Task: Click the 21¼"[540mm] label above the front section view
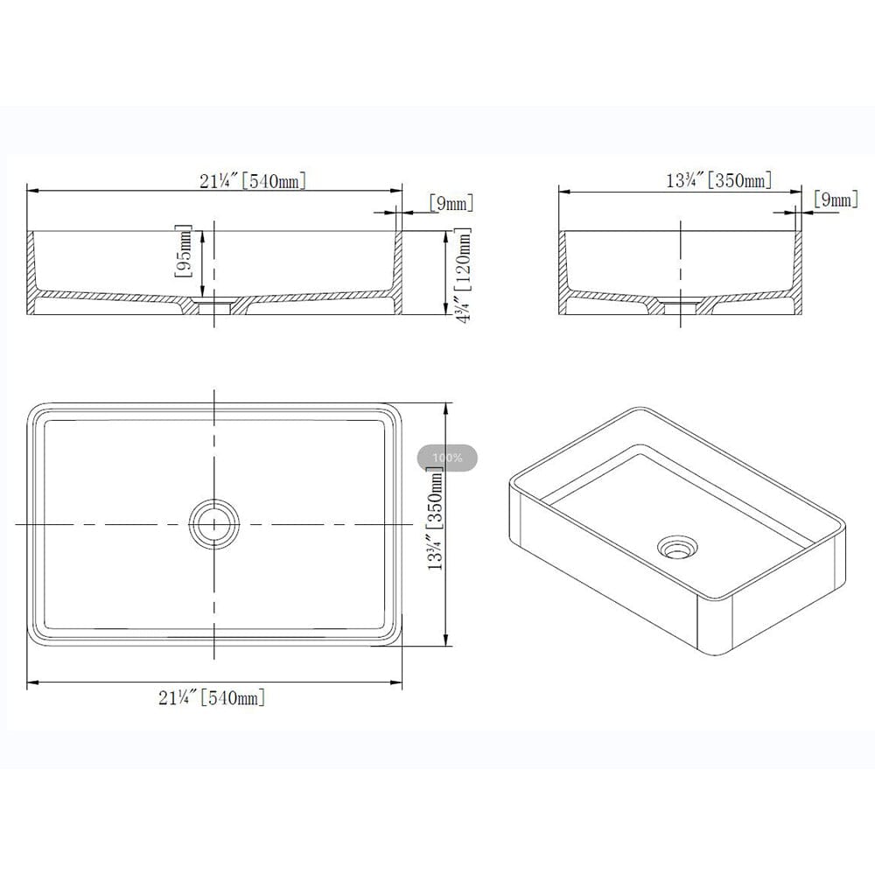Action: tap(252, 181)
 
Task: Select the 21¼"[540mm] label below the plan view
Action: tap(212, 697)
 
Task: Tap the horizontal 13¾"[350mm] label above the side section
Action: tap(718, 181)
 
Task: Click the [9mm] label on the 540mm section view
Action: tap(451, 204)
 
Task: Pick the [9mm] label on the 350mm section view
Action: tap(835, 199)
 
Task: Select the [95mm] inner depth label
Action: tap(184, 252)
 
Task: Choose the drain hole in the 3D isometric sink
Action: tap(677, 547)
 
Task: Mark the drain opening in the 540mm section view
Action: tap(213, 305)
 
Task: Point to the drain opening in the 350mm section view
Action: tap(681, 305)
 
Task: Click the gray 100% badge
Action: tap(447, 458)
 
